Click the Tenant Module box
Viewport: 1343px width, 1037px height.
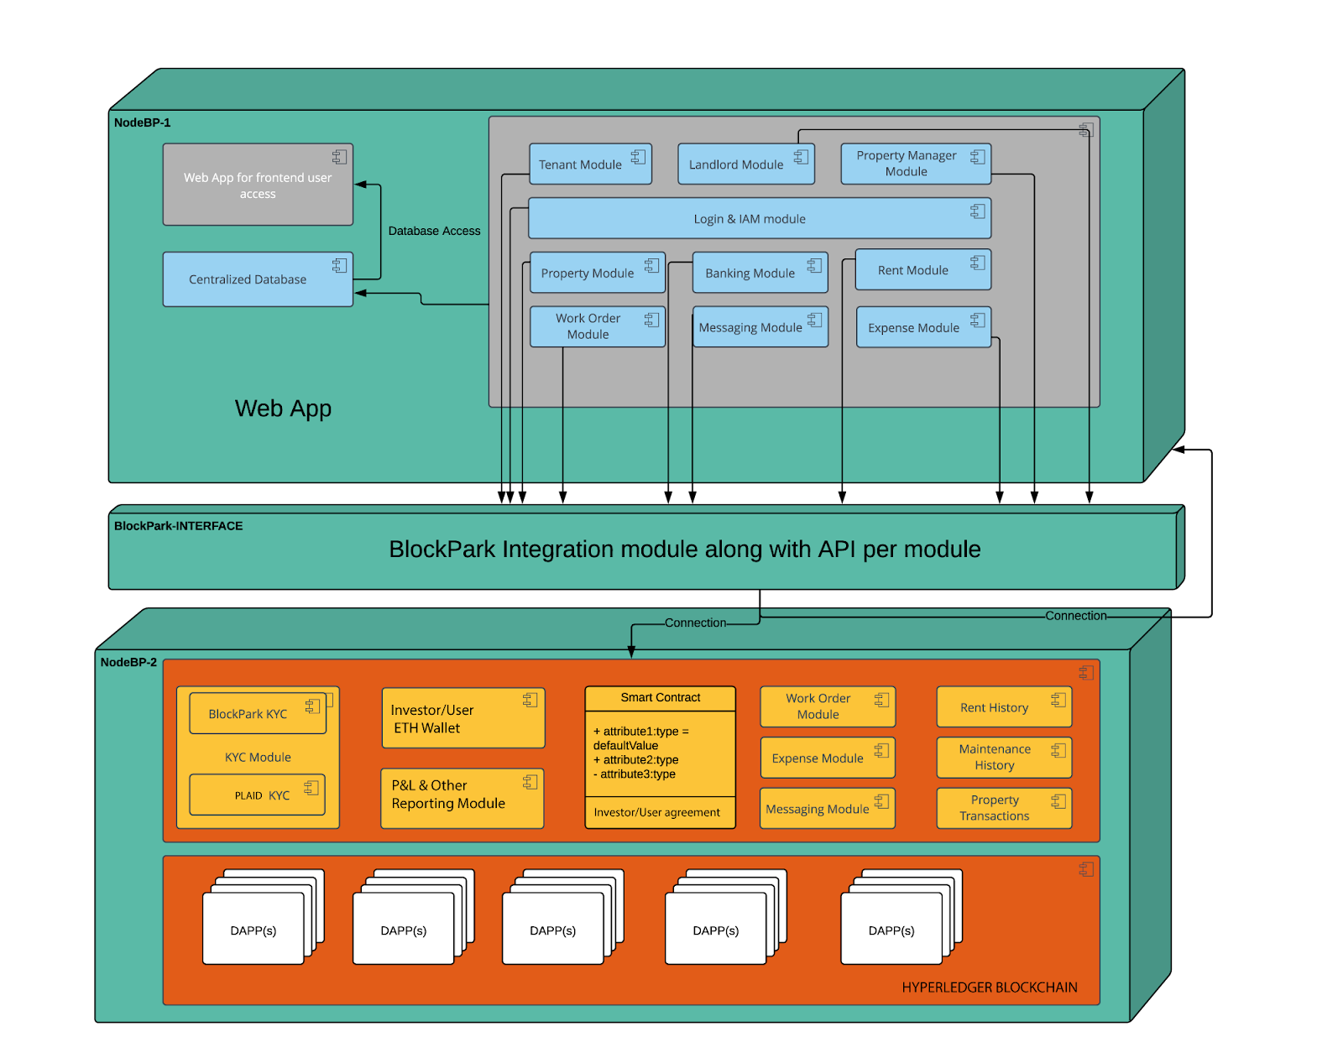[590, 164]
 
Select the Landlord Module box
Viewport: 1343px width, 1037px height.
[745, 164]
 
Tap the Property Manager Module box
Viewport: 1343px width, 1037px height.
[915, 164]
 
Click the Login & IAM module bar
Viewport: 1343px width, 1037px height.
[759, 219]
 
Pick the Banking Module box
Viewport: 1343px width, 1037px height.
[760, 273]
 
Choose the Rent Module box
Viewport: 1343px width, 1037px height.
[922, 270]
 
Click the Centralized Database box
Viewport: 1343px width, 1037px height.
[257, 279]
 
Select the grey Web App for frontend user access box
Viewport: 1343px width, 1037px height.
[257, 185]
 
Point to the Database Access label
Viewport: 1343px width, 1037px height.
[434, 231]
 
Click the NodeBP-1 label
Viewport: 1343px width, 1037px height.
[142, 122]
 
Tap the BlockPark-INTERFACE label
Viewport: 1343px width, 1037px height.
[178, 526]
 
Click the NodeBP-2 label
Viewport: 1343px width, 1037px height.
[128, 662]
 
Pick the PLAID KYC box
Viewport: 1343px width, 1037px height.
[257, 795]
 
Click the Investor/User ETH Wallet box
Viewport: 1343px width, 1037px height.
[462, 719]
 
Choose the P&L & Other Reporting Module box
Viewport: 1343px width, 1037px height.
[462, 795]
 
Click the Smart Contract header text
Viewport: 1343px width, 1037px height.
[660, 697]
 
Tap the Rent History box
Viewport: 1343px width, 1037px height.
[1003, 707]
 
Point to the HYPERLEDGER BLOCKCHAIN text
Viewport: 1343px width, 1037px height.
[989, 987]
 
